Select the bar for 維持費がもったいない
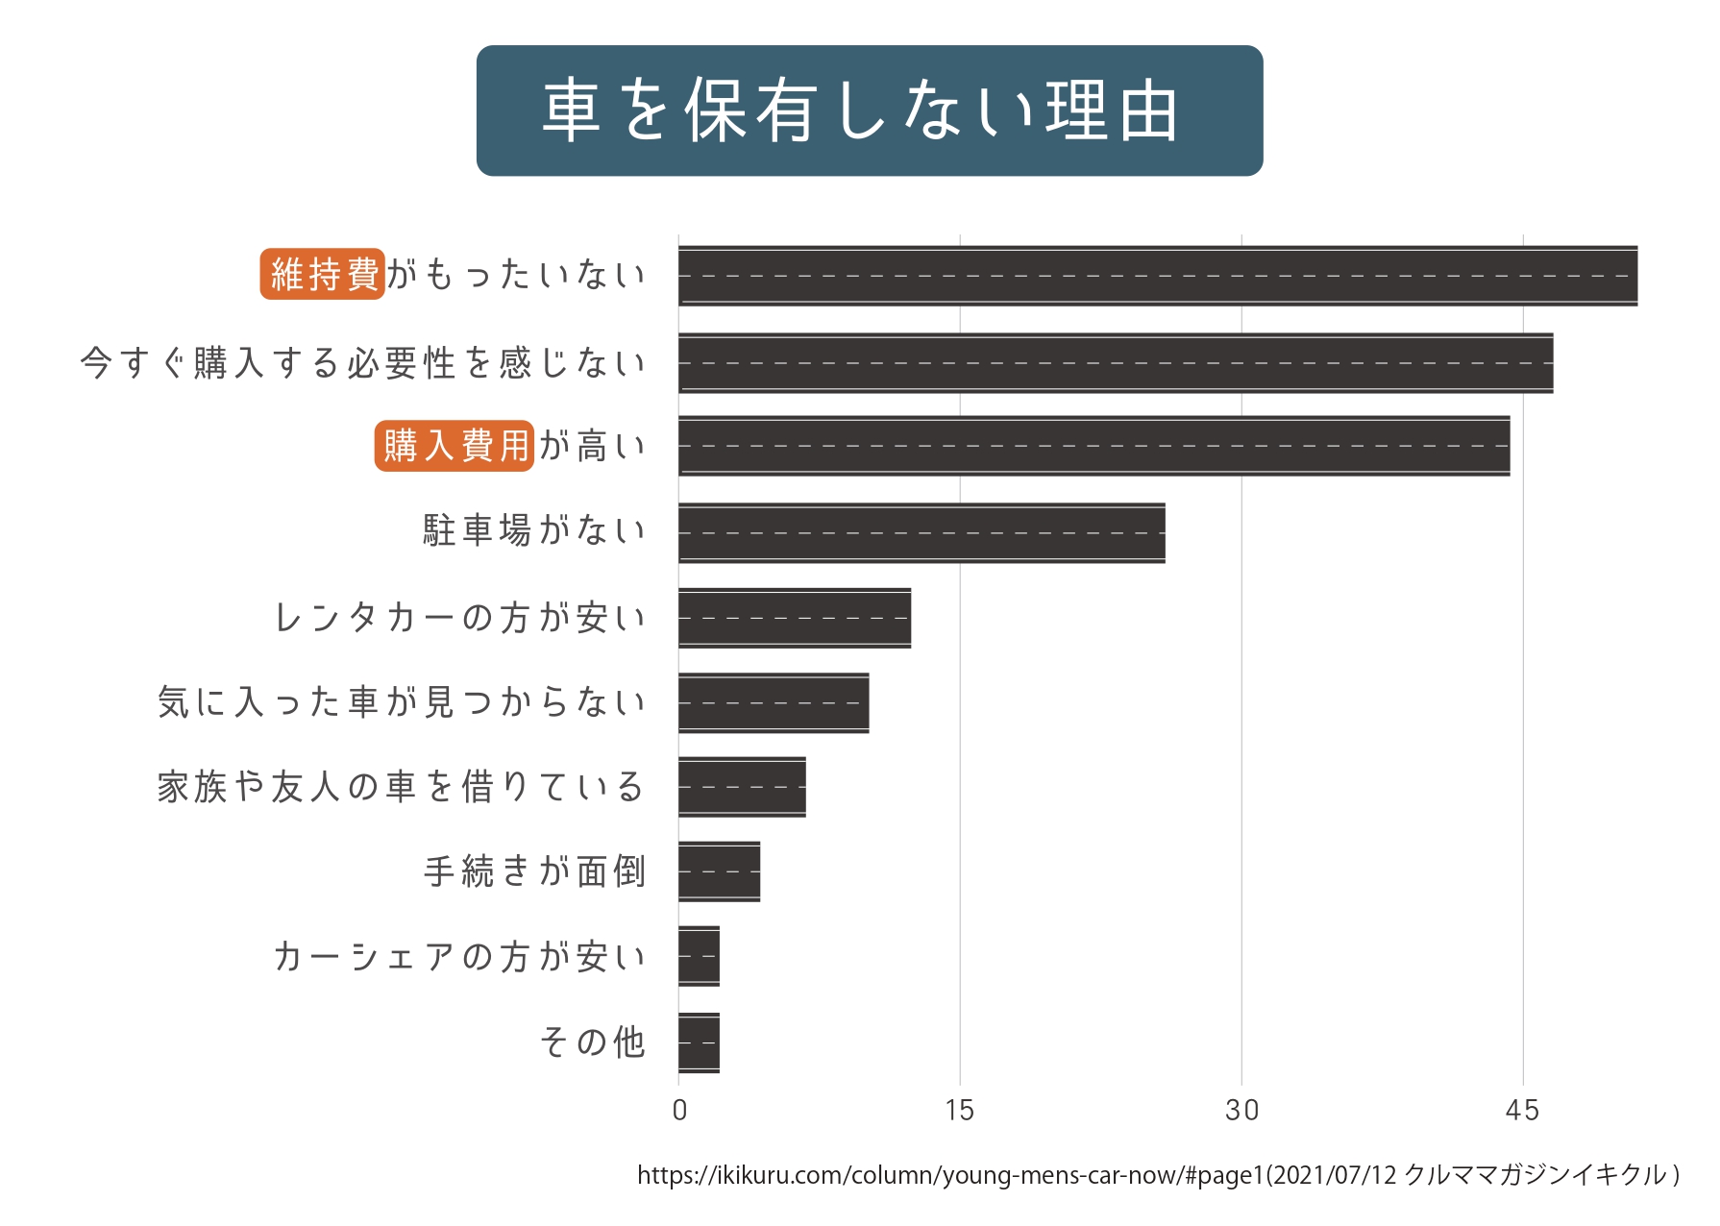click(1157, 276)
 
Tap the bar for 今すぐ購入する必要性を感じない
click(1115, 363)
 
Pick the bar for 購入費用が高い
click(1093, 446)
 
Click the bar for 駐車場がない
click(921, 532)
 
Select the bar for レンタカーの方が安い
click(794, 618)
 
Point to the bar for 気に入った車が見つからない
click(773, 702)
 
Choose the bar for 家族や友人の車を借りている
click(741, 787)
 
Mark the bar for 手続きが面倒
click(719, 871)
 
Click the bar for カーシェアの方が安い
click(699, 956)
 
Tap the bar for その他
click(699, 1042)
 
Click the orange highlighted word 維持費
click(323, 275)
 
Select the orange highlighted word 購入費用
click(455, 446)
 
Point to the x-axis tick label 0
click(679, 1111)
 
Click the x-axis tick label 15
click(959, 1111)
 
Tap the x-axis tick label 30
click(1241, 1111)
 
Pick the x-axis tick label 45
click(1522, 1111)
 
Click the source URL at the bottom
click(1157, 1175)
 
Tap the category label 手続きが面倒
click(534, 871)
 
